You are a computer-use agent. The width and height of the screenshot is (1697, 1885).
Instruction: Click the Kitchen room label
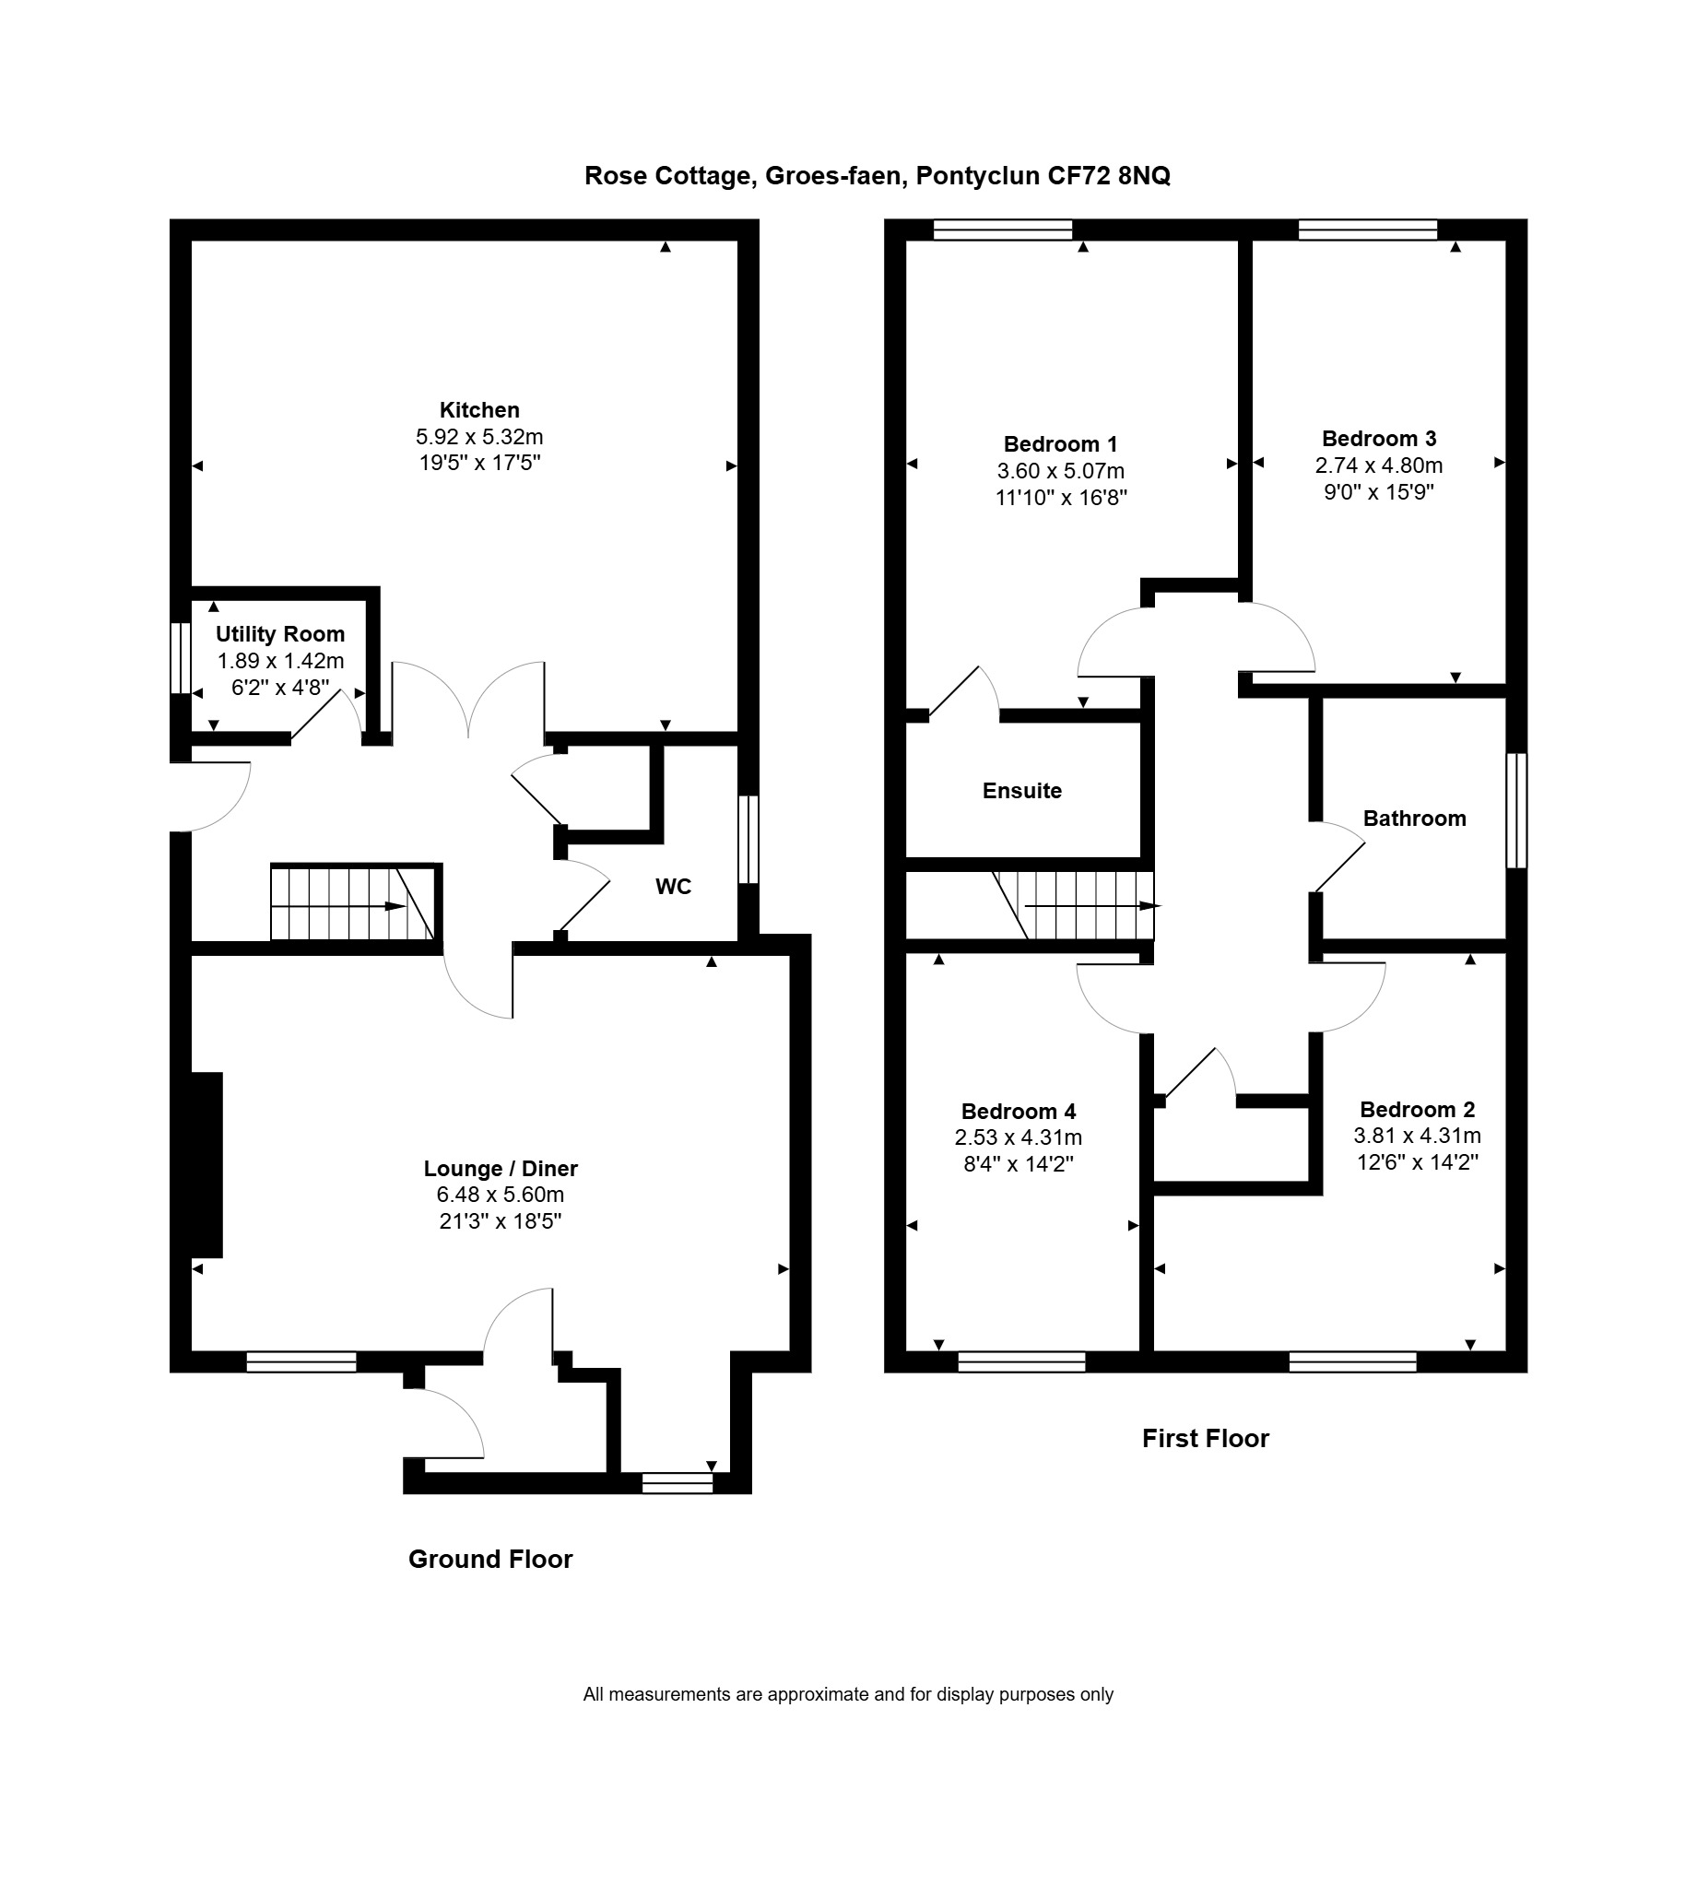click(479, 410)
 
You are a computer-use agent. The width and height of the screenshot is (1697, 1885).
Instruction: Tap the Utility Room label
click(279, 634)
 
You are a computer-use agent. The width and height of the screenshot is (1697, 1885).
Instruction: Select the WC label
click(673, 887)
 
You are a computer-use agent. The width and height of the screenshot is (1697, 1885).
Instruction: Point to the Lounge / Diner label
click(501, 1168)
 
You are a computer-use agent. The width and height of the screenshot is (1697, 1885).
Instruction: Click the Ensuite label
click(1022, 791)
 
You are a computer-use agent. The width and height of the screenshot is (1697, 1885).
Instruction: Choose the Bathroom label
click(1415, 819)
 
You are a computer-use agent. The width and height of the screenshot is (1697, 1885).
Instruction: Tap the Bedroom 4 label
click(1019, 1112)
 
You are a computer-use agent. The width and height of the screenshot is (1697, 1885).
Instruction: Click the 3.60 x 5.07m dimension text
click(1061, 471)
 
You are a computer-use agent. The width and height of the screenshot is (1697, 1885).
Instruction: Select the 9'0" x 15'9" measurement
click(1379, 491)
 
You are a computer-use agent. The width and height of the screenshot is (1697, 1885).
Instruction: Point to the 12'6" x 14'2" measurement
click(1418, 1161)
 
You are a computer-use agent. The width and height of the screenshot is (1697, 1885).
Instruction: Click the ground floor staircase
click(352, 902)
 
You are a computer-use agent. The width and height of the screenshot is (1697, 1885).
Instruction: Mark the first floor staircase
click(1074, 905)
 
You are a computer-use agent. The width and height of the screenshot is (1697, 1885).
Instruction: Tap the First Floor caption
click(1206, 1439)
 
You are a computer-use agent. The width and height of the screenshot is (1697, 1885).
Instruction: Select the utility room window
click(180, 658)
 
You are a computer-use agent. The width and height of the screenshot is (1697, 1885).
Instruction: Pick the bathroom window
click(1517, 811)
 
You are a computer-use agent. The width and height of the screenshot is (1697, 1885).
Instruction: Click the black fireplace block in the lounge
click(206, 1165)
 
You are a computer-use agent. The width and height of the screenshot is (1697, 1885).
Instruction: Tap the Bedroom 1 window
click(1003, 230)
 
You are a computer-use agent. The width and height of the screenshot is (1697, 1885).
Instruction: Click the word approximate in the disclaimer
click(820, 1695)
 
